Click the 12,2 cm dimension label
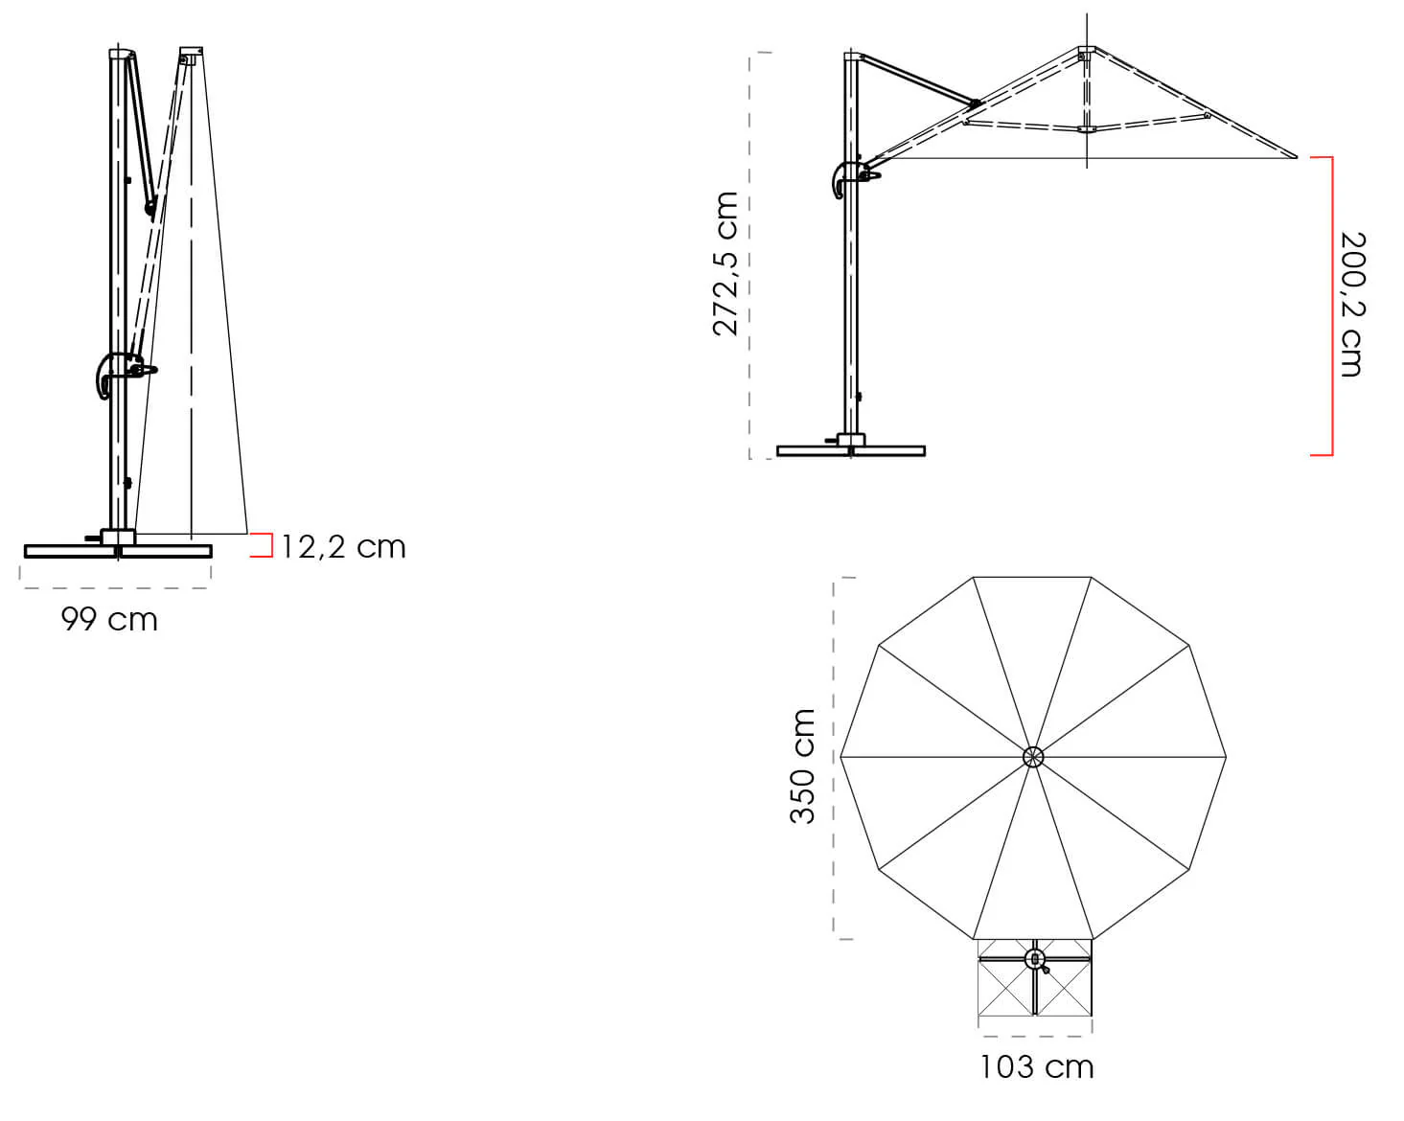point(344,547)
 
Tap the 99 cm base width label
point(109,619)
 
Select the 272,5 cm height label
point(725,264)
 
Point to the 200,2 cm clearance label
point(1352,304)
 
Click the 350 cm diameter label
point(802,766)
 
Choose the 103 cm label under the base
point(1037,1067)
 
